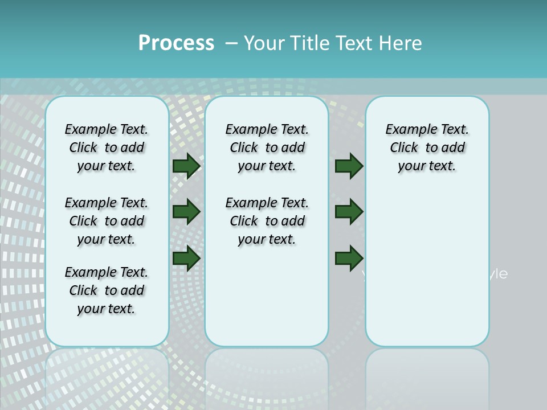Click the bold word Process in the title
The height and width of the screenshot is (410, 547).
click(176, 43)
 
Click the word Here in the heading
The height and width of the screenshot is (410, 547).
click(401, 43)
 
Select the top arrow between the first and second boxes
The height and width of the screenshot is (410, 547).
click(186, 166)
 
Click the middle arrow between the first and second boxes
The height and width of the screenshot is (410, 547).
click(186, 212)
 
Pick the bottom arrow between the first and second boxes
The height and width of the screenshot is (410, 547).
click(186, 258)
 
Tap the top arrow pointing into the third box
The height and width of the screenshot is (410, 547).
click(349, 166)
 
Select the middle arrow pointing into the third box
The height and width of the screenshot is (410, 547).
click(349, 212)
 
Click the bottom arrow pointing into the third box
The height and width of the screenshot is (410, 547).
click(349, 258)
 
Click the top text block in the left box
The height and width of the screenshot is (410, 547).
click(107, 147)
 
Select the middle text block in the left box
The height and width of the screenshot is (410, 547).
click(107, 221)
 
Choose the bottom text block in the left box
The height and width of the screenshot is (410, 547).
click(107, 290)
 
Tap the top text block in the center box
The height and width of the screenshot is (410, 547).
click(267, 147)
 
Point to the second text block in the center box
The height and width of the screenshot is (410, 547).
click(267, 221)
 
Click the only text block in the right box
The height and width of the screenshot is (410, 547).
click(427, 147)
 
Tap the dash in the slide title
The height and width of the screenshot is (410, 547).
click(231, 43)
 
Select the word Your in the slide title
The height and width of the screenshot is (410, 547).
click(264, 43)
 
